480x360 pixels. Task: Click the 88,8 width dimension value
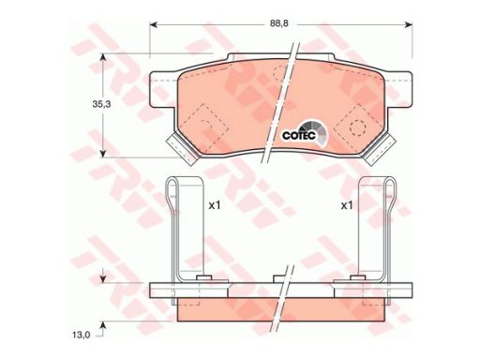click(279, 23)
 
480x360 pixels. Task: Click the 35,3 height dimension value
click(101, 104)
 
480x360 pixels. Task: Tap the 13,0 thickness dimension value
click(82, 335)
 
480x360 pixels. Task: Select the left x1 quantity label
click(215, 205)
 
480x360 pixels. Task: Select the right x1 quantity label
click(347, 205)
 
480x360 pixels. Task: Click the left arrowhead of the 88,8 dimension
click(154, 24)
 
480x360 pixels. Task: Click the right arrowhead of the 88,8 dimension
click(409, 24)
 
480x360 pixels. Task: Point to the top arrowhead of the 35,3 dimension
click(103, 57)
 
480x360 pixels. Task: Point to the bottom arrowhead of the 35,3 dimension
click(103, 154)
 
